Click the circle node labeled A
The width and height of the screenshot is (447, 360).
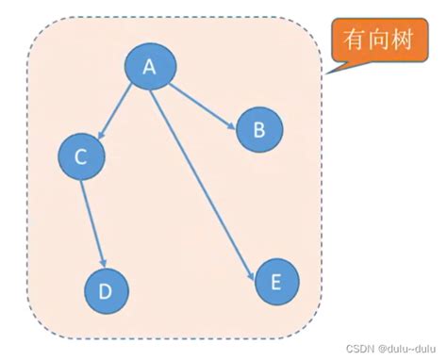tap(149, 67)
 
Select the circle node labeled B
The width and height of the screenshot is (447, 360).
tap(259, 131)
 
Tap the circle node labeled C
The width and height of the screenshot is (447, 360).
tap(81, 157)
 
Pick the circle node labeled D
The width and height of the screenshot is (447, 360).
tap(106, 290)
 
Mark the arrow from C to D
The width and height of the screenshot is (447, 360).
tap(92, 222)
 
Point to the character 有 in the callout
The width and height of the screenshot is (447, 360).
tap(354, 42)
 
